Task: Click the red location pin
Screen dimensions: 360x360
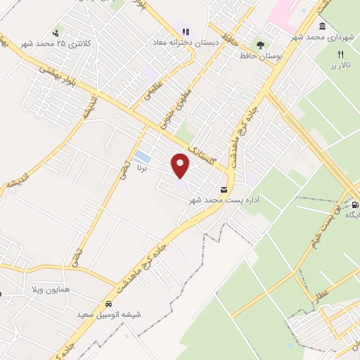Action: pyautogui.click(x=181, y=165)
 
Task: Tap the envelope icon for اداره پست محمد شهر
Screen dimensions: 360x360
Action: pyautogui.click(x=224, y=190)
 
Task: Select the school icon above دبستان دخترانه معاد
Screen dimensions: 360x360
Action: pyautogui.click(x=186, y=31)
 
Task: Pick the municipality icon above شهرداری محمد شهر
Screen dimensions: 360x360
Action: pyautogui.click(x=322, y=27)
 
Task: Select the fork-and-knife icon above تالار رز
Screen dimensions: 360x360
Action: pyautogui.click(x=341, y=54)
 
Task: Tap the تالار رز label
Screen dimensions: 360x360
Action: pyautogui.click(x=340, y=65)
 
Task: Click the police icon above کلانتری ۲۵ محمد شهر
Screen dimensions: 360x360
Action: pyautogui.click(x=56, y=32)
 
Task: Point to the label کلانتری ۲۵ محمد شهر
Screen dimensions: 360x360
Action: pyautogui.click(x=56, y=44)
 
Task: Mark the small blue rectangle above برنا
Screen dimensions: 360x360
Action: pyautogui.click(x=141, y=156)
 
